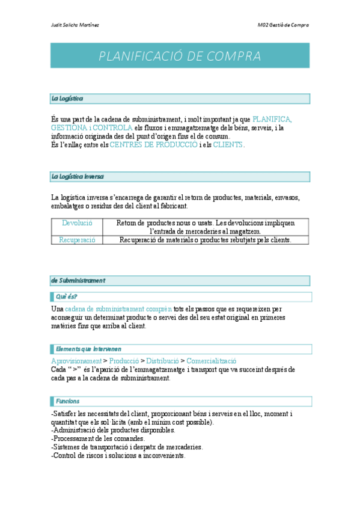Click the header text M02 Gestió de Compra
pyautogui.click(x=283, y=25)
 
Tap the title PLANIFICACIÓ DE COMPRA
pyautogui.click(x=180, y=57)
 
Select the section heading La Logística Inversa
pyautogui.click(x=78, y=176)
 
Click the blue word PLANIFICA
pyautogui.click(x=272, y=120)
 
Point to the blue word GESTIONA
pyautogui.click(x=69, y=128)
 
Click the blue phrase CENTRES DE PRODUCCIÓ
pyautogui.click(x=153, y=145)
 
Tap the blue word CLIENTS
pyautogui.click(x=228, y=145)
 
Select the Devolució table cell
pyautogui.click(x=77, y=223)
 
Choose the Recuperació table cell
pyautogui.click(x=77, y=240)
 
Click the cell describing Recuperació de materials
pyautogui.click(x=205, y=240)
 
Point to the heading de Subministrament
pyautogui.click(x=79, y=280)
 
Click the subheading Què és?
pyautogui.click(x=67, y=296)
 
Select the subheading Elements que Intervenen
pyautogui.click(x=88, y=349)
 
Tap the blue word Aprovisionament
pyautogui.click(x=76, y=361)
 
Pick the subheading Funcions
pyautogui.click(x=67, y=401)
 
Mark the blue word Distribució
pyautogui.click(x=162, y=361)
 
